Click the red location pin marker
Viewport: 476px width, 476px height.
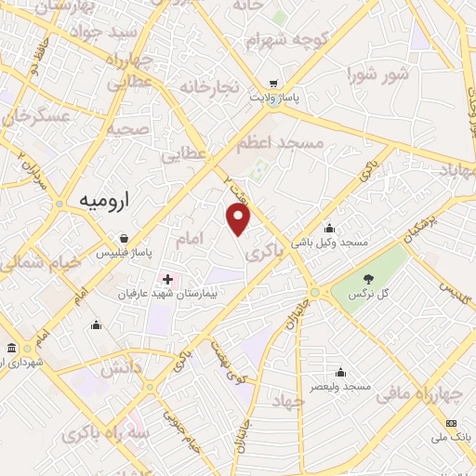click(239, 219)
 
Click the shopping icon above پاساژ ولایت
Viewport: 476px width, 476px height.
click(272, 81)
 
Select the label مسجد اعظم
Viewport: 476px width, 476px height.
click(279, 143)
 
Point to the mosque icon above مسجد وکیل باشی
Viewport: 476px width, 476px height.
click(329, 228)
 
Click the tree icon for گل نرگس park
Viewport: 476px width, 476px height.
click(369, 277)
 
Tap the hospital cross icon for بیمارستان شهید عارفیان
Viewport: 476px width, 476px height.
click(167, 279)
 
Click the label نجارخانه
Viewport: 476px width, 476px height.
click(210, 87)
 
